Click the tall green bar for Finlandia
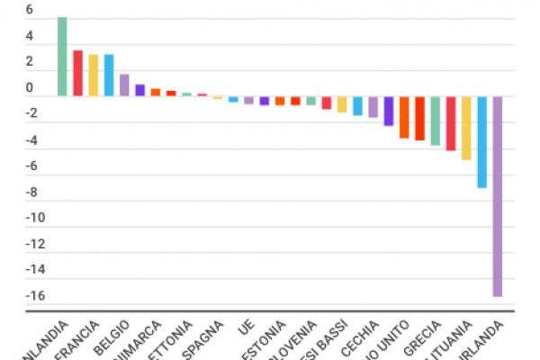62,56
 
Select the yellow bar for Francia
94,75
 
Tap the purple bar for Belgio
124,85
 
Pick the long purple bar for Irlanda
497,195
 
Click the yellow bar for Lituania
466,128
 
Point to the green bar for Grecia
435,121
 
